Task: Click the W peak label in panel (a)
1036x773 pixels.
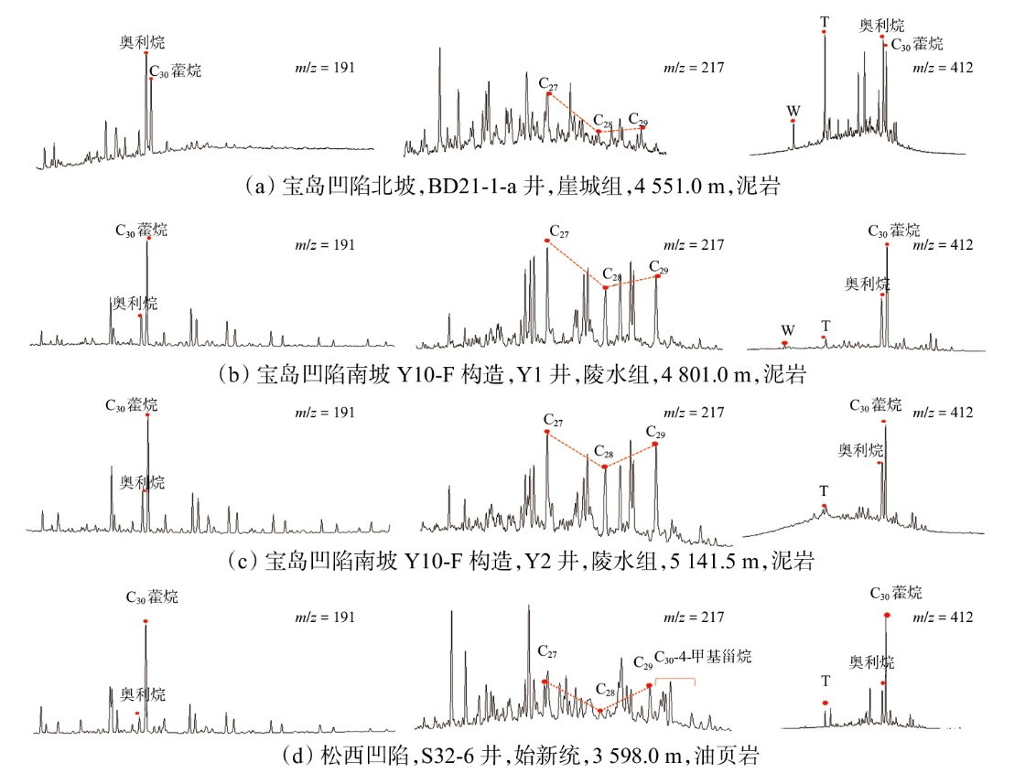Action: point(794,110)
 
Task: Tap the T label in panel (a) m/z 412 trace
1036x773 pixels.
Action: point(825,20)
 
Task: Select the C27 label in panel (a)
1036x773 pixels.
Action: point(549,82)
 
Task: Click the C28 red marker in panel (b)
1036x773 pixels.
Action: point(605,287)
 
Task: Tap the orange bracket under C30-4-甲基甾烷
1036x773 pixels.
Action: point(674,680)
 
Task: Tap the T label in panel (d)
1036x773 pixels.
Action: point(826,681)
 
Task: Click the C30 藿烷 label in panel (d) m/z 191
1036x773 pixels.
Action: point(152,597)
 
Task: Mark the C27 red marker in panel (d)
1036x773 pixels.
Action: point(545,682)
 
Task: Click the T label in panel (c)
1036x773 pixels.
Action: point(825,491)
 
